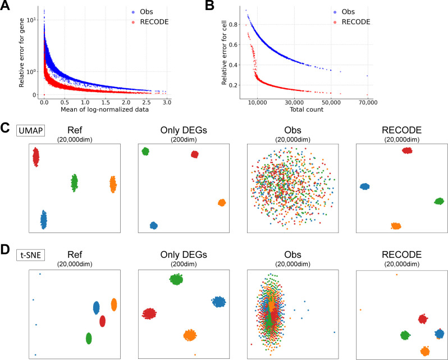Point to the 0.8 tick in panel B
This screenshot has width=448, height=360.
tap(236, 24)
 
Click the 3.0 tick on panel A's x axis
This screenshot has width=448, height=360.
tap(167, 103)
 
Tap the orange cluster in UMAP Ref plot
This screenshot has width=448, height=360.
tap(112, 184)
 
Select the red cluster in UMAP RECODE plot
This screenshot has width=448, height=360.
tap(407, 150)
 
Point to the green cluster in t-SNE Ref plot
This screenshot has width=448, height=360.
tap(88, 338)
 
